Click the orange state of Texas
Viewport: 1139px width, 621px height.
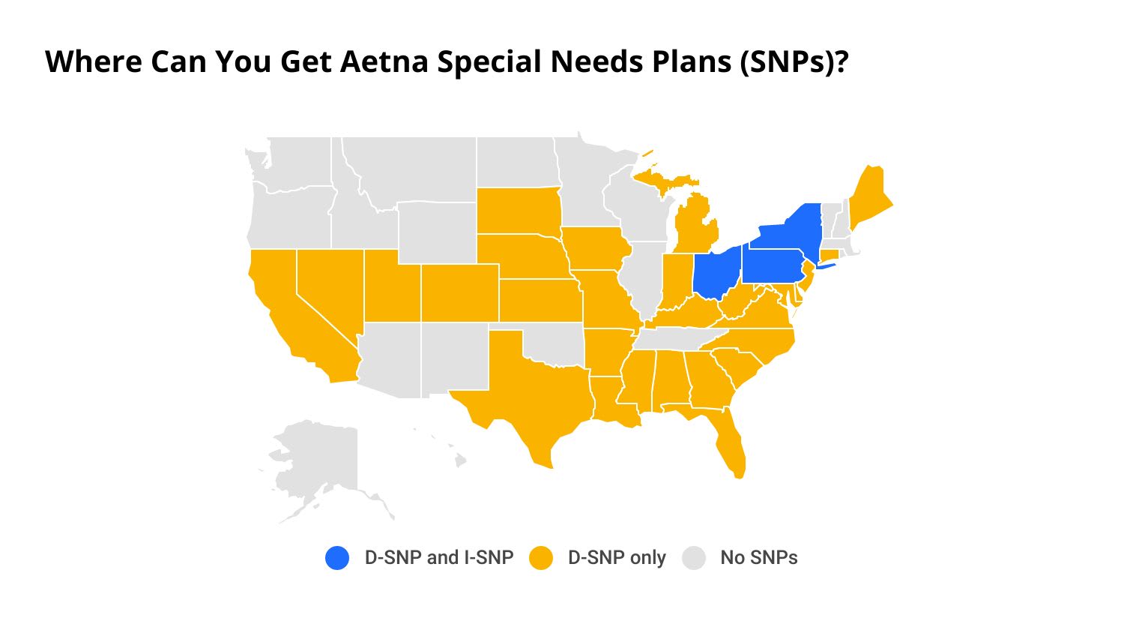tap(525, 390)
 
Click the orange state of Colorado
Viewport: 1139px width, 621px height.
tap(459, 292)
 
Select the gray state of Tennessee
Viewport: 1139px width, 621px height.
tap(674, 338)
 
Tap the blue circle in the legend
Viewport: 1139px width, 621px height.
tap(337, 558)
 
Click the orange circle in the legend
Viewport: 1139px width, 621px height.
tap(541, 558)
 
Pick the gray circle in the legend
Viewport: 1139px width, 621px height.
tap(694, 558)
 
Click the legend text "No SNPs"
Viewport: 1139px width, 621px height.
tap(758, 558)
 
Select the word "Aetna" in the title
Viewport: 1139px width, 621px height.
tap(385, 61)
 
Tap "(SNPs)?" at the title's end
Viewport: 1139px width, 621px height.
tap(794, 61)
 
